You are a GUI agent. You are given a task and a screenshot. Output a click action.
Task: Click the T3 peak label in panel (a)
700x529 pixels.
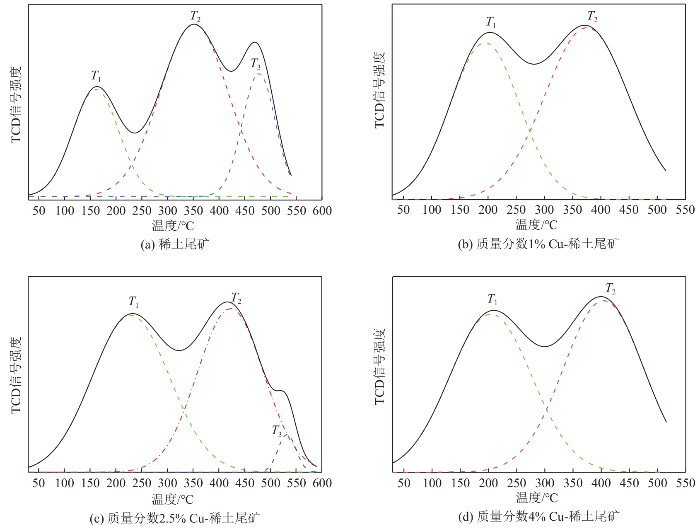coord(256,64)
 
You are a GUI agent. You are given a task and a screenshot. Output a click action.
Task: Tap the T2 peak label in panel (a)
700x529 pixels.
coord(196,16)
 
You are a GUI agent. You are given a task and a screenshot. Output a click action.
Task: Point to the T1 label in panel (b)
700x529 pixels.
coord(491,22)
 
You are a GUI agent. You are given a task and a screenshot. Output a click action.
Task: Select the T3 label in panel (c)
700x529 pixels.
coord(277,431)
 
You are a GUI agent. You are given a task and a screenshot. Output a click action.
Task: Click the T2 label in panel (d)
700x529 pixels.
coord(611,288)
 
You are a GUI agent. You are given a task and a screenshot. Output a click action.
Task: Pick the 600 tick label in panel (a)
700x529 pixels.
coord(322,211)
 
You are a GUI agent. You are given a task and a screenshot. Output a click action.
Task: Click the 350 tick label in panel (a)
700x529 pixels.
coord(193,211)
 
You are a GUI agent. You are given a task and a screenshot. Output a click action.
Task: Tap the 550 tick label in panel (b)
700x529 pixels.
coord(685,210)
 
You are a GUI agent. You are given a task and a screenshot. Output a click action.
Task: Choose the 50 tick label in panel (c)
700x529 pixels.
coord(39,483)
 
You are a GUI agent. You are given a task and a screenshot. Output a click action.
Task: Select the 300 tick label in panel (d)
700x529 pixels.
coord(545,483)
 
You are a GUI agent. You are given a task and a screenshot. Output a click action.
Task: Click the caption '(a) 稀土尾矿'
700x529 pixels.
coord(175,244)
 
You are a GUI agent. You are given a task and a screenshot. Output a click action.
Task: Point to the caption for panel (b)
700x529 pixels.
coord(538,244)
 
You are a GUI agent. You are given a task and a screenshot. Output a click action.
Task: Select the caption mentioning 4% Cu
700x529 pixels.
coord(538,517)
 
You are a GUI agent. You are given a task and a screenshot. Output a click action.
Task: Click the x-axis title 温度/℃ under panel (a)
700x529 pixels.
coord(173,226)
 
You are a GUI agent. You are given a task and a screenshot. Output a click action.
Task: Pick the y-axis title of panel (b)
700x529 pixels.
coord(379,90)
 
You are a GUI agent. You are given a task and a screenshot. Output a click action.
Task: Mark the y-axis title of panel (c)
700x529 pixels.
coord(16,375)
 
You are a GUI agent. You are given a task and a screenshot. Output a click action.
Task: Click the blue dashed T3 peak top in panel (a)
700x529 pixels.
coord(258,74)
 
